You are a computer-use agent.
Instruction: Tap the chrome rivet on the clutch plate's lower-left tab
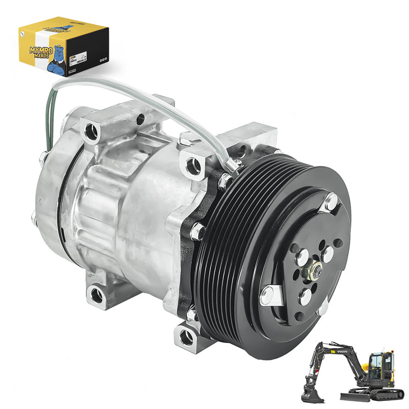point(266,296)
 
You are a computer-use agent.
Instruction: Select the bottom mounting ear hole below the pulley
point(187,335)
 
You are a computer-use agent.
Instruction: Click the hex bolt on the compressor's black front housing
point(197,233)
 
